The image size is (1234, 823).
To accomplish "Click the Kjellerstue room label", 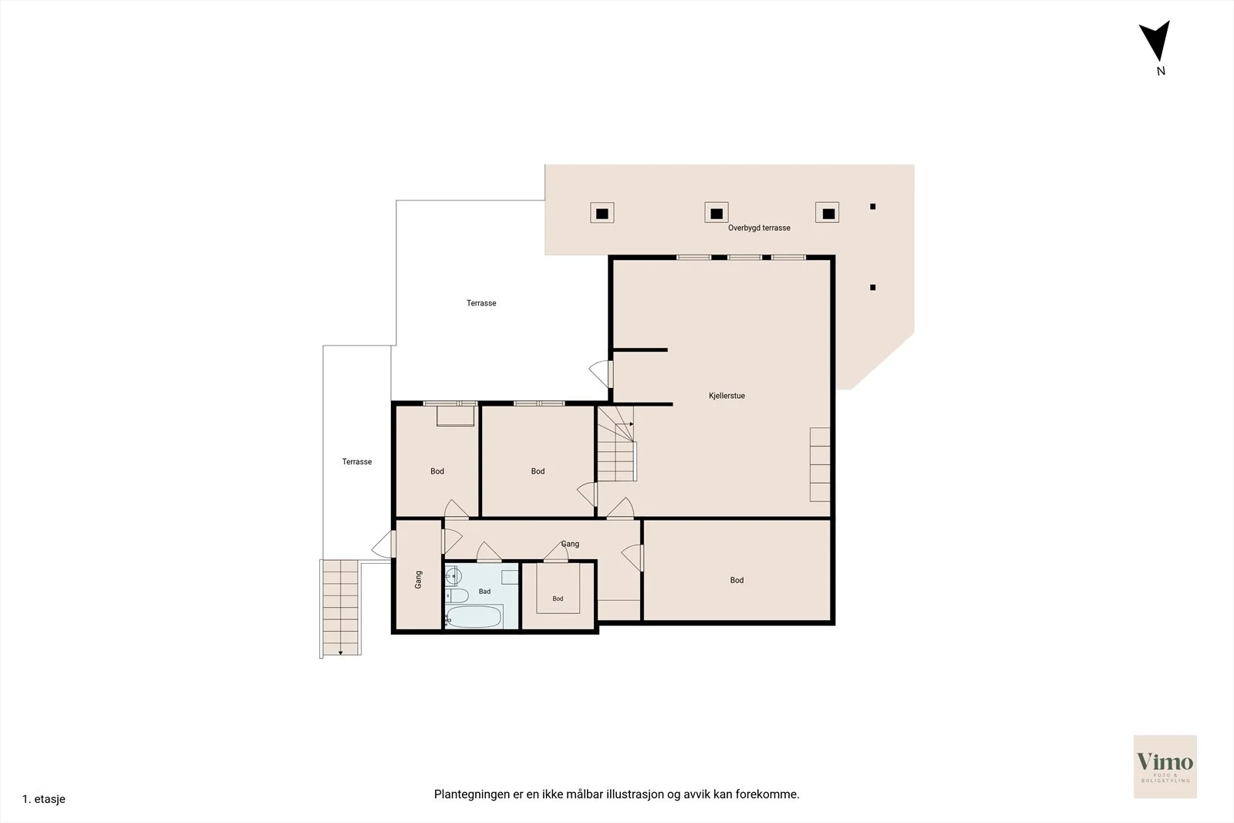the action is click(x=727, y=396).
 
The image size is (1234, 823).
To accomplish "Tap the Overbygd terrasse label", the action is click(x=759, y=228).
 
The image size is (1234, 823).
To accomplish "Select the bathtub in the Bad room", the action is click(x=474, y=616).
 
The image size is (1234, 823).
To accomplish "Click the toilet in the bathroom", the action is click(x=457, y=595).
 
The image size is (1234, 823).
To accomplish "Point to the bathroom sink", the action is click(x=453, y=576).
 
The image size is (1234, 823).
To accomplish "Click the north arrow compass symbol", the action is click(x=1156, y=42).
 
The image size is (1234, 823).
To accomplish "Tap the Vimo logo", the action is click(x=1165, y=766).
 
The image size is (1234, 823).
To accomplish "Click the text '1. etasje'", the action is click(x=43, y=799).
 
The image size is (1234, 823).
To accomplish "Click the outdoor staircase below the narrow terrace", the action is click(x=340, y=608).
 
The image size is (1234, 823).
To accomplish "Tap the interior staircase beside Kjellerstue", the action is click(x=617, y=444).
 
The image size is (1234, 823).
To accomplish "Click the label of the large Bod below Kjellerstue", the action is click(x=737, y=580).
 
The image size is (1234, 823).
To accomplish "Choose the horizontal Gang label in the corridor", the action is click(x=570, y=544).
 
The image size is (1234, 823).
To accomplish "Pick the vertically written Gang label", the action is click(x=418, y=579).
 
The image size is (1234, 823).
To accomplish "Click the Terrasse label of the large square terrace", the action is click(x=481, y=303).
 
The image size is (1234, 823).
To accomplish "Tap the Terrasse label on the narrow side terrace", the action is click(x=356, y=461).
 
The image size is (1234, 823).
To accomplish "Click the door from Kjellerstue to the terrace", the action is click(x=602, y=374).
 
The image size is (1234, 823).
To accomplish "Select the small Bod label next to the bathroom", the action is click(x=558, y=599).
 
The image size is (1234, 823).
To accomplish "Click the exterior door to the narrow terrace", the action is click(x=384, y=545).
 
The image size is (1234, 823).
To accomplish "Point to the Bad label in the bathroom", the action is click(x=484, y=592).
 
